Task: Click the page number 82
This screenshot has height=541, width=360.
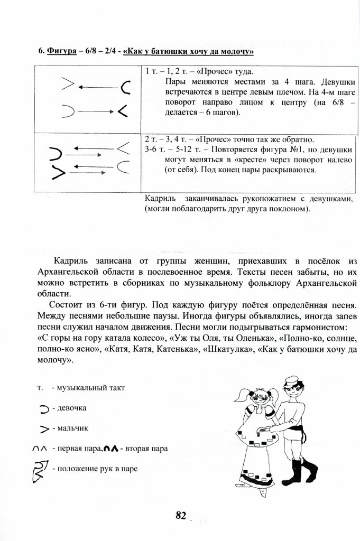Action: [x=181, y=516]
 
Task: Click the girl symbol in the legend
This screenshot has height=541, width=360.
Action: [x=44, y=408]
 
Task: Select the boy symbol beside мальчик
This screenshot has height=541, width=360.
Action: [x=44, y=428]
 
